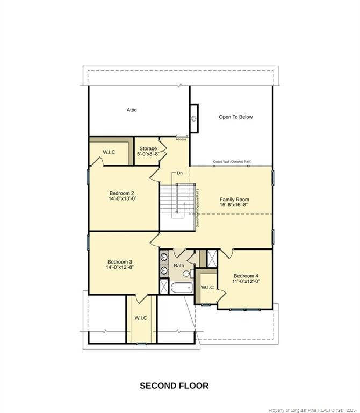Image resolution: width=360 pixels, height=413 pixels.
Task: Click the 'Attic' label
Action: [x=132, y=110]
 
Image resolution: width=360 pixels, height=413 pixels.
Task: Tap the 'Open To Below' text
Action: [x=235, y=117]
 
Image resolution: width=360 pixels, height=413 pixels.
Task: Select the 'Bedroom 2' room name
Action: [x=122, y=193]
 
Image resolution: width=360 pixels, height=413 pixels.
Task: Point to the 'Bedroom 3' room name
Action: [x=119, y=261]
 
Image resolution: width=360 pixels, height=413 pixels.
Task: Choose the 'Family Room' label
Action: [x=234, y=200]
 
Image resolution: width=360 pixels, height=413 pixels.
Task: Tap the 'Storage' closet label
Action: [x=148, y=148]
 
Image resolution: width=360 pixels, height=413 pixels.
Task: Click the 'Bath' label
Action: [x=179, y=266]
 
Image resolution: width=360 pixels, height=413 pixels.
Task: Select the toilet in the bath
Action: [x=186, y=274]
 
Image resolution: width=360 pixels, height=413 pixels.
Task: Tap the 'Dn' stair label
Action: [x=180, y=173]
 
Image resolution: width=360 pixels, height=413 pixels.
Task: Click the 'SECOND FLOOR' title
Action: [x=174, y=386]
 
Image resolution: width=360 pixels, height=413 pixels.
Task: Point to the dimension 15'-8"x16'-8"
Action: [x=234, y=205]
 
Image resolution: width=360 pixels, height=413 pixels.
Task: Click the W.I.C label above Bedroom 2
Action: [x=109, y=152]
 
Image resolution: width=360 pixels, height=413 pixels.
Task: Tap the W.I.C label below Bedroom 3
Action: [x=141, y=318]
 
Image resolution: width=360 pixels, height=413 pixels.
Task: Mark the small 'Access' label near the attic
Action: [x=181, y=139]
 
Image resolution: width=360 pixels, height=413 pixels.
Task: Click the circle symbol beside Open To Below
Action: [x=194, y=119]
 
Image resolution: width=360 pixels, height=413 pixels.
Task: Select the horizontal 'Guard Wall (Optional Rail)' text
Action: [x=232, y=161]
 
